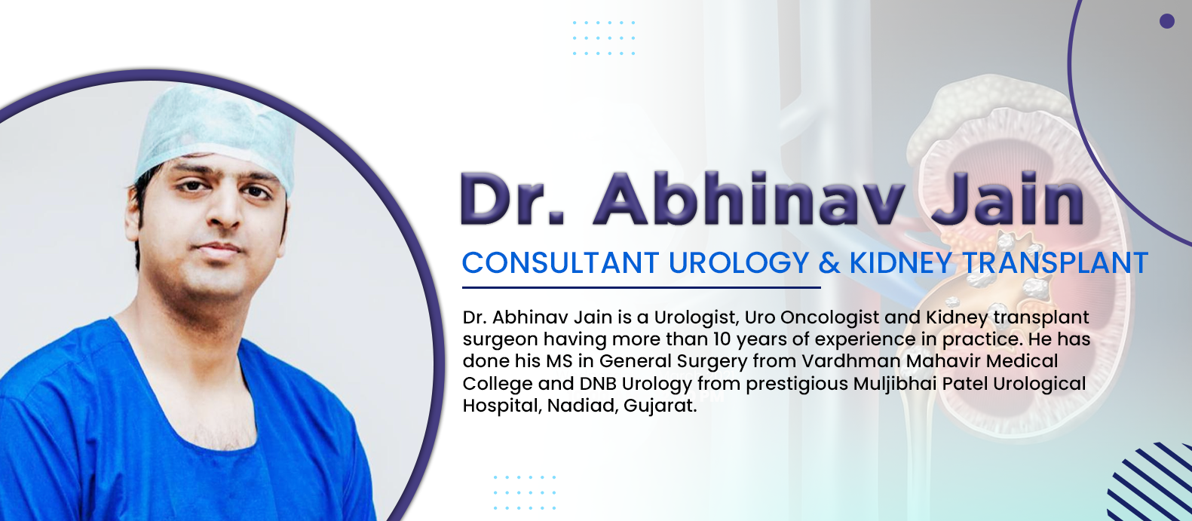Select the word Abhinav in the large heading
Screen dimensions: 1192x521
[749, 199]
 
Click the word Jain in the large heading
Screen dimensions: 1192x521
[1007, 199]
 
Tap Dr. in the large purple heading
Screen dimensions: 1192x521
[513, 199]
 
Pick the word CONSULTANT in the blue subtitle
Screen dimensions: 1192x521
[561, 262]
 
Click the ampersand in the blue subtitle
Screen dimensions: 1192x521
[829, 262]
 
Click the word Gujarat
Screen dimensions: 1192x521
[660, 406]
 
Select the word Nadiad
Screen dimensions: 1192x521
[583, 406]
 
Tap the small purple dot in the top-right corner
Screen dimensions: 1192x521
[1167, 21]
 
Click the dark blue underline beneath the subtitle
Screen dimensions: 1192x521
[641, 288]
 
